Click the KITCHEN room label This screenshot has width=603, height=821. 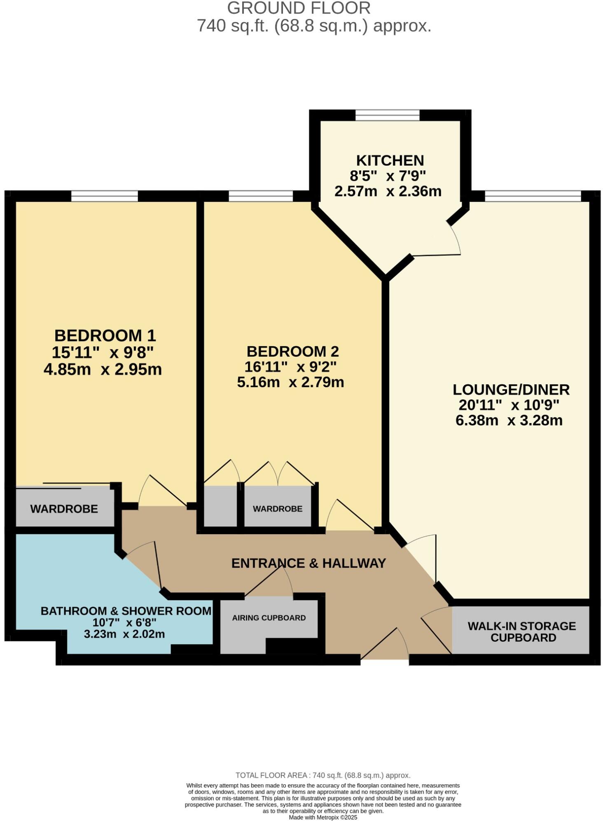point(390,160)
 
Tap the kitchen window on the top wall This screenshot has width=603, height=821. point(387,115)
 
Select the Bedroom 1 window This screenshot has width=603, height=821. point(104,196)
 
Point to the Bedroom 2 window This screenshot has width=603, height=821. point(260,196)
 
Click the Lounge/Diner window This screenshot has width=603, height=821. point(533,196)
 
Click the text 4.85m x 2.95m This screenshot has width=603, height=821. point(103,369)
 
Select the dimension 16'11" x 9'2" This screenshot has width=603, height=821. point(290,367)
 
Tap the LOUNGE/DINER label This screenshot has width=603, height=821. point(511,389)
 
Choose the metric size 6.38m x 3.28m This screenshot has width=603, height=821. point(509,421)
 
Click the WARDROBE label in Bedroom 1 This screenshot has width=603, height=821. point(64,509)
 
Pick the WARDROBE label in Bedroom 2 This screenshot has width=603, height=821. point(277,509)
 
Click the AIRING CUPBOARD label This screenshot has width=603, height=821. point(269,618)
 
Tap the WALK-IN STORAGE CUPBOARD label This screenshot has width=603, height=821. point(521,632)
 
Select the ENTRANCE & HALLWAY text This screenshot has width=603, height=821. point(308,563)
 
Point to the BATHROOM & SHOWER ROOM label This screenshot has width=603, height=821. point(126,610)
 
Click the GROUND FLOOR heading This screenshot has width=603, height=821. point(299,8)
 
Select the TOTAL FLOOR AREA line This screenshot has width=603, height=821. point(323,775)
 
